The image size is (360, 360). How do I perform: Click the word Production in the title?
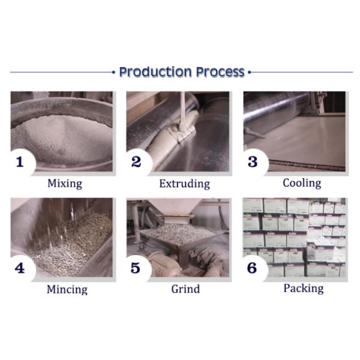pos(155,72)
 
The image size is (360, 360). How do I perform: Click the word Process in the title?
pos(220,72)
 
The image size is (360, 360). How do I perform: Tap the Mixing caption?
pos(65,184)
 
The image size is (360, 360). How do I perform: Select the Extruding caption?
pos(185,184)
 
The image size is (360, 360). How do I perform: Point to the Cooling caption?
pos(302,183)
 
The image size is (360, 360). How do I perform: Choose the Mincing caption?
pos(67,289)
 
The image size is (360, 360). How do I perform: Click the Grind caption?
pos(185,289)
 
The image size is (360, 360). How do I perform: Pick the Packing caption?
pos(304,289)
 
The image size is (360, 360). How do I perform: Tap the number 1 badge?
pos(20,162)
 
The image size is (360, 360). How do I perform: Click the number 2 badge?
pos(137,162)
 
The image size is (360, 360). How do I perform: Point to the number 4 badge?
pos(20,268)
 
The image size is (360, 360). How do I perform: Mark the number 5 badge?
pos(136,268)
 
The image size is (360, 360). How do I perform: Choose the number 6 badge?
pos(253,268)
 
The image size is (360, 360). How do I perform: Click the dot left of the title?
pos(113,73)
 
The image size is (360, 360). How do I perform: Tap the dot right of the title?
pos(250,73)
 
